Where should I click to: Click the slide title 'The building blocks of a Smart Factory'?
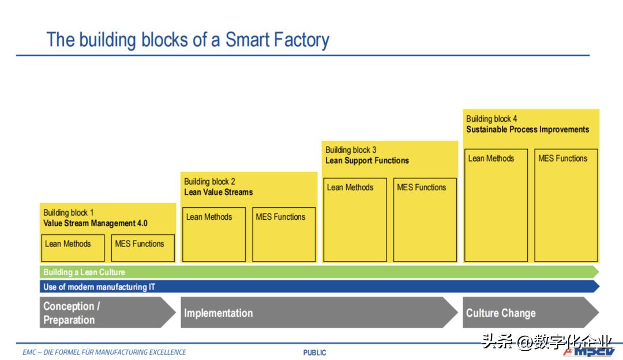point(188,40)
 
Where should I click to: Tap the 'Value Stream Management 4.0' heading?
point(95,223)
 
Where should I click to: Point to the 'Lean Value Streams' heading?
point(219,192)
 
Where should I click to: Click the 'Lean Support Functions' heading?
point(367,160)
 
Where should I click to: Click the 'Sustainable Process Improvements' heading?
point(528,130)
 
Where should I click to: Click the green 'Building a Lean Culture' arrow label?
point(84,272)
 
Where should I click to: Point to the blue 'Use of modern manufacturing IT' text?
point(99,287)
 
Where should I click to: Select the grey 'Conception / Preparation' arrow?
point(108,313)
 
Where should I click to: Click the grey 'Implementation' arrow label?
point(219,313)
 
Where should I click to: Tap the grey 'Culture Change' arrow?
point(531,313)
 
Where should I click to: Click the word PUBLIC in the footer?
point(315,352)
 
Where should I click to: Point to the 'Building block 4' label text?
point(491,119)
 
